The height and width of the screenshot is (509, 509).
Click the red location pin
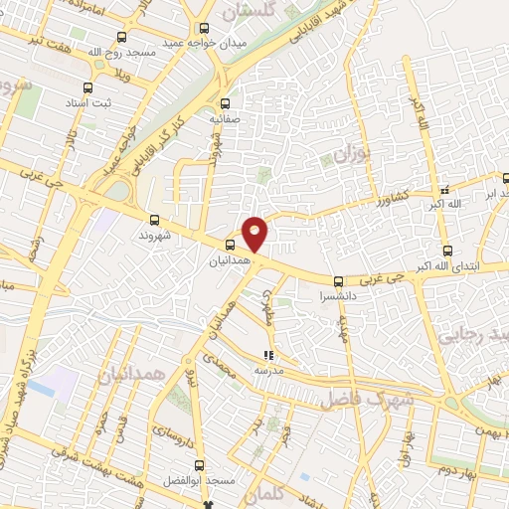255,234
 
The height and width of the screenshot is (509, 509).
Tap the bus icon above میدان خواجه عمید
205,28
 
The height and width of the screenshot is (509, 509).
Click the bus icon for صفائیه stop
224,102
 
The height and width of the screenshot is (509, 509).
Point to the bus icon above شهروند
154,221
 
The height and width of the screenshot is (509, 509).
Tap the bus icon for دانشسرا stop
338,281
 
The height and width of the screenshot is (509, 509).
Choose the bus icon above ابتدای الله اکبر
446,251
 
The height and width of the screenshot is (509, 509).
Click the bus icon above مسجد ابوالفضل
200,465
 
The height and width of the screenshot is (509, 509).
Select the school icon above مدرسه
267,354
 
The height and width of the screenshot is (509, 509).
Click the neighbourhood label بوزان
350,155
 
